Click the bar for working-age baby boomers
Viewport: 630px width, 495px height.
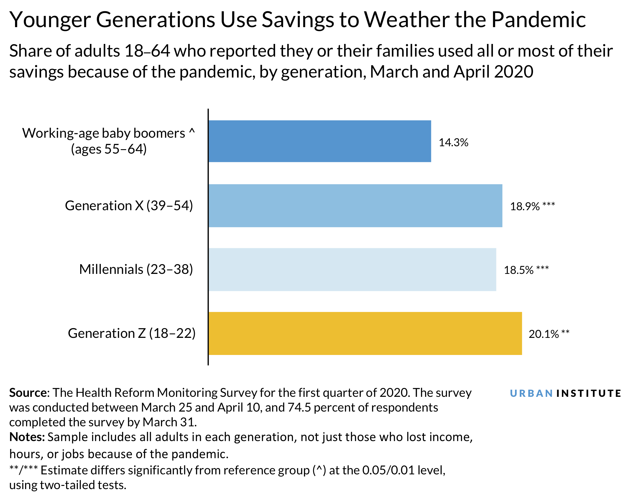[320, 141]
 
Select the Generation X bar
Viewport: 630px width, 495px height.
[355, 205]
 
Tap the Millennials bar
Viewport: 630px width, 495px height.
[352, 269]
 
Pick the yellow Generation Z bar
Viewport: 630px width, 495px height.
[365, 333]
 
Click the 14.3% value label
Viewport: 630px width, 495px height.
[453, 143]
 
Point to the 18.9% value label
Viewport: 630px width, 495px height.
[525, 206]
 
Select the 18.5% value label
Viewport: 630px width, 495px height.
[519, 270]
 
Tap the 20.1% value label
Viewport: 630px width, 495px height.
[544, 334]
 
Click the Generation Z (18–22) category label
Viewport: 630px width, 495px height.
[131, 333]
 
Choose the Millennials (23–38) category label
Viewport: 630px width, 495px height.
[136, 269]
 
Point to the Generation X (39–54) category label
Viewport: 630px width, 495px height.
[129, 206]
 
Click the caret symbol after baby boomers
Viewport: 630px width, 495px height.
[192, 131]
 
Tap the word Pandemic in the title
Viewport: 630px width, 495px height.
[538, 20]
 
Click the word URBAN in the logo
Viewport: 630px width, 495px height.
[531, 393]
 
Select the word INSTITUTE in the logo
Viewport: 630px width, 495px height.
[588, 393]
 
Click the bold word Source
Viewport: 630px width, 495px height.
[28, 393]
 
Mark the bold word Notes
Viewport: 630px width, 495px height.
[27, 437]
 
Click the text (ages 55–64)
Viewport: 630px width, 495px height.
[109, 149]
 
